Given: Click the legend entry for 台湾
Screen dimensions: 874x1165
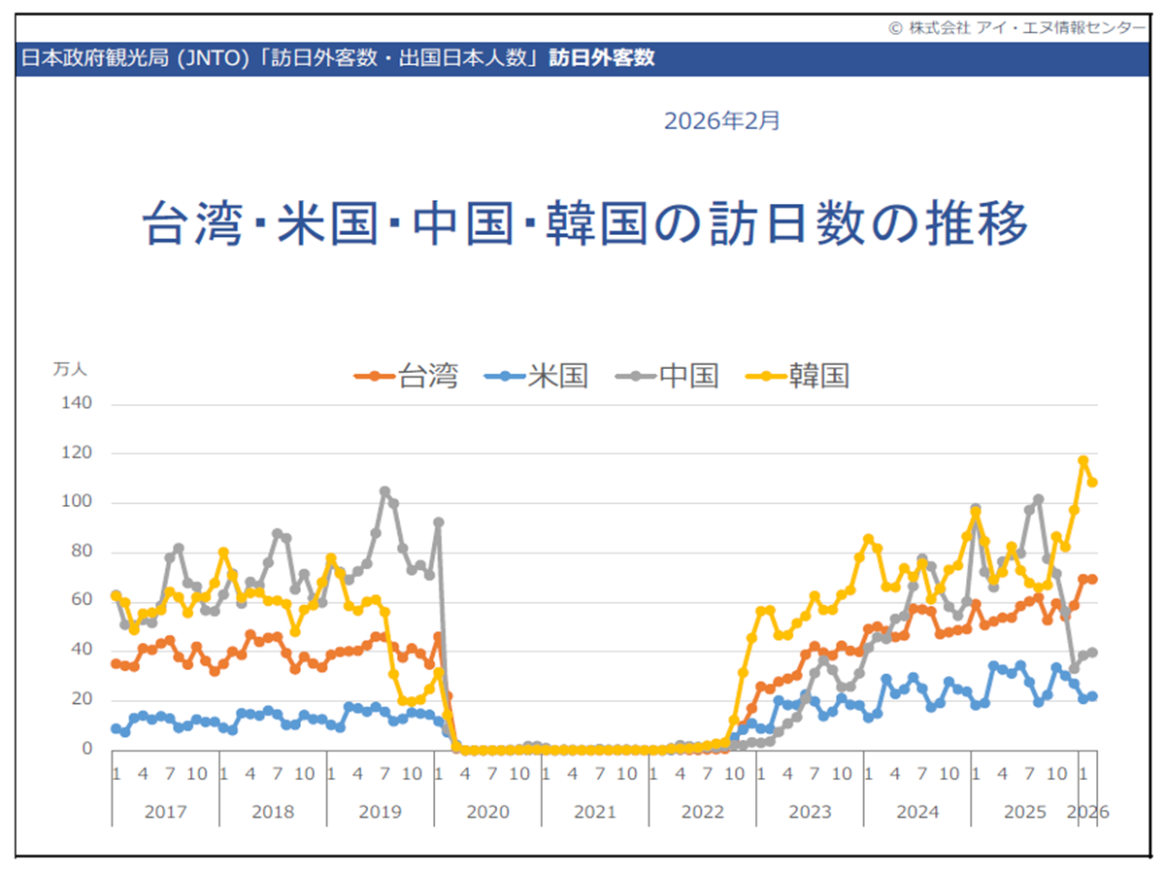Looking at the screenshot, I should [x=407, y=376].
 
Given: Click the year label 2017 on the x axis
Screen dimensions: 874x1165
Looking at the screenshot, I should [x=165, y=812].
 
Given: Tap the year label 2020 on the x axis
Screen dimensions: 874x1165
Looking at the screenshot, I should [x=487, y=812].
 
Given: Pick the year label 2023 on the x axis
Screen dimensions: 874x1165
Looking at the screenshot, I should [x=810, y=812].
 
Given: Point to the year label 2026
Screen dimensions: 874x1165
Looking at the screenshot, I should [x=1087, y=812].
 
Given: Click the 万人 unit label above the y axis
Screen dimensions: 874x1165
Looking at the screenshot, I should [x=71, y=369].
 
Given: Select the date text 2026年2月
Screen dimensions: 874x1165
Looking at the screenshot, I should [x=721, y=121].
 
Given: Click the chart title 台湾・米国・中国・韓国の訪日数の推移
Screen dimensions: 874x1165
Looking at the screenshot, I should [x=584, y=224].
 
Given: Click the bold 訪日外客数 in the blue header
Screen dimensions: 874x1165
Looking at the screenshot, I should [x=602, y=57].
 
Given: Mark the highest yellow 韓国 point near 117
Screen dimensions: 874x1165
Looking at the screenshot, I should [x=1083, y=461].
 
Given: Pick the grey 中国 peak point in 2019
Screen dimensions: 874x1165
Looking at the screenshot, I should [x=384, y=491].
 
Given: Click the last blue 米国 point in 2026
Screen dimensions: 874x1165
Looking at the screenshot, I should [x=1092, y=696].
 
